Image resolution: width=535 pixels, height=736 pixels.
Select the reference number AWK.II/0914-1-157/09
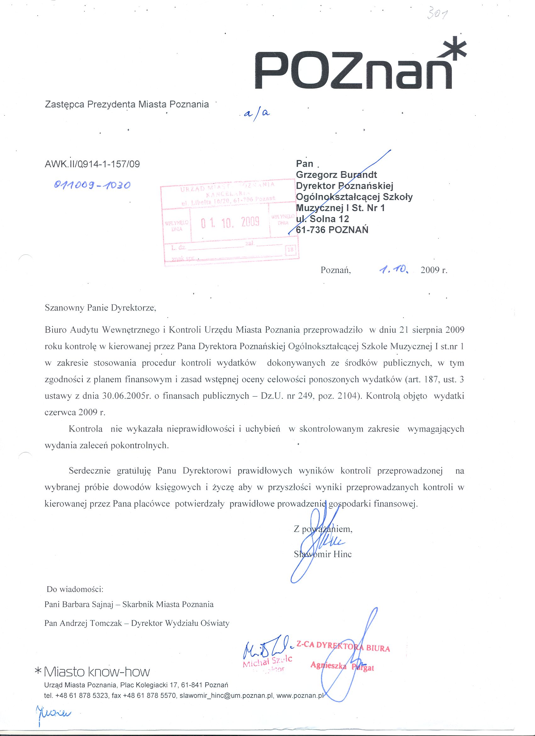pyautogui.click(x=92, y=164)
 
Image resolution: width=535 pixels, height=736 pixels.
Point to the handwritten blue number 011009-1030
pyautogui.click(x=93, y=185)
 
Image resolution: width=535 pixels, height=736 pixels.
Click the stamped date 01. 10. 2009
pyautogui.click(x=230, y=222)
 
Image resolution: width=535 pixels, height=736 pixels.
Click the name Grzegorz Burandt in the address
pyautogui.click(x=336, y=175)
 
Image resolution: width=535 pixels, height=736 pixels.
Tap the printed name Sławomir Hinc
pyautogui.click(x=322, y=554)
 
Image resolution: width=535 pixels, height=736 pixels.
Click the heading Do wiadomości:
pyautogui.click(x=75, y=588)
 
